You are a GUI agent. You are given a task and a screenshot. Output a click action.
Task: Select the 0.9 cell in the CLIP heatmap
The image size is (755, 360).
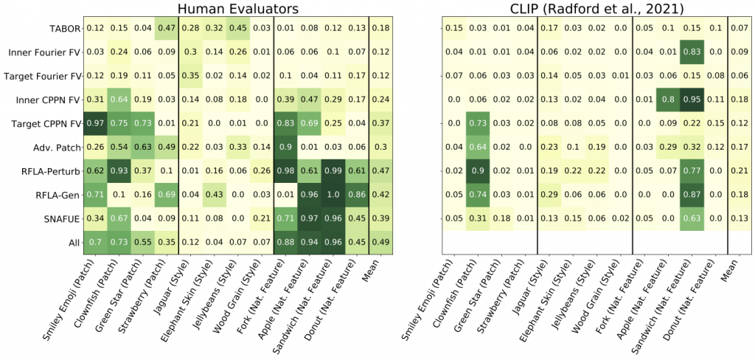(477, 170)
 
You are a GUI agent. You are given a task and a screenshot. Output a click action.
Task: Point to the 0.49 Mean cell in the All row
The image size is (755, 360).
(380, 242)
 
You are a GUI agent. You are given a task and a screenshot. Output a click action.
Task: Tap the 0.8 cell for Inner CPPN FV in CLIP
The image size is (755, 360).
(668, 99)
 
